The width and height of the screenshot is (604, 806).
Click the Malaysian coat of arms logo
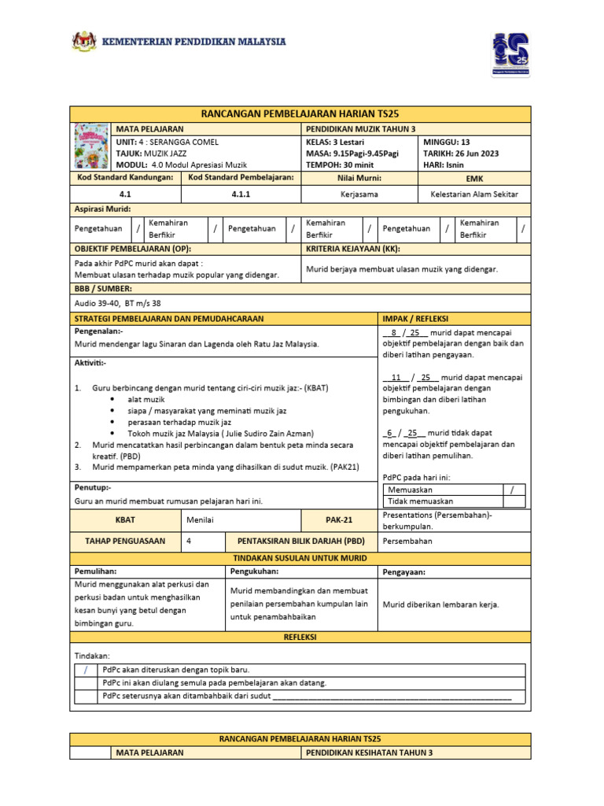[83, 42]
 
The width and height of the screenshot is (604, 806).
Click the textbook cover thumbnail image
[90, 146]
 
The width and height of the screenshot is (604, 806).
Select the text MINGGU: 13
[446, 142]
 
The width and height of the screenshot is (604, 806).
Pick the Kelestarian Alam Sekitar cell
[474, 193]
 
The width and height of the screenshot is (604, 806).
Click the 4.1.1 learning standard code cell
[241, 193]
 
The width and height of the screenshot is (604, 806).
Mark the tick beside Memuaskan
[512, 490]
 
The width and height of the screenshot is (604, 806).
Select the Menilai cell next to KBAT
[201, 520]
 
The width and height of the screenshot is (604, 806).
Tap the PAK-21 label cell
[339, 520]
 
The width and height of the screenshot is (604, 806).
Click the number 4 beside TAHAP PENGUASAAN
[189, 542]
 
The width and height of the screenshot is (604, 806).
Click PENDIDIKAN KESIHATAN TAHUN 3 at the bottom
[369, 752]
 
